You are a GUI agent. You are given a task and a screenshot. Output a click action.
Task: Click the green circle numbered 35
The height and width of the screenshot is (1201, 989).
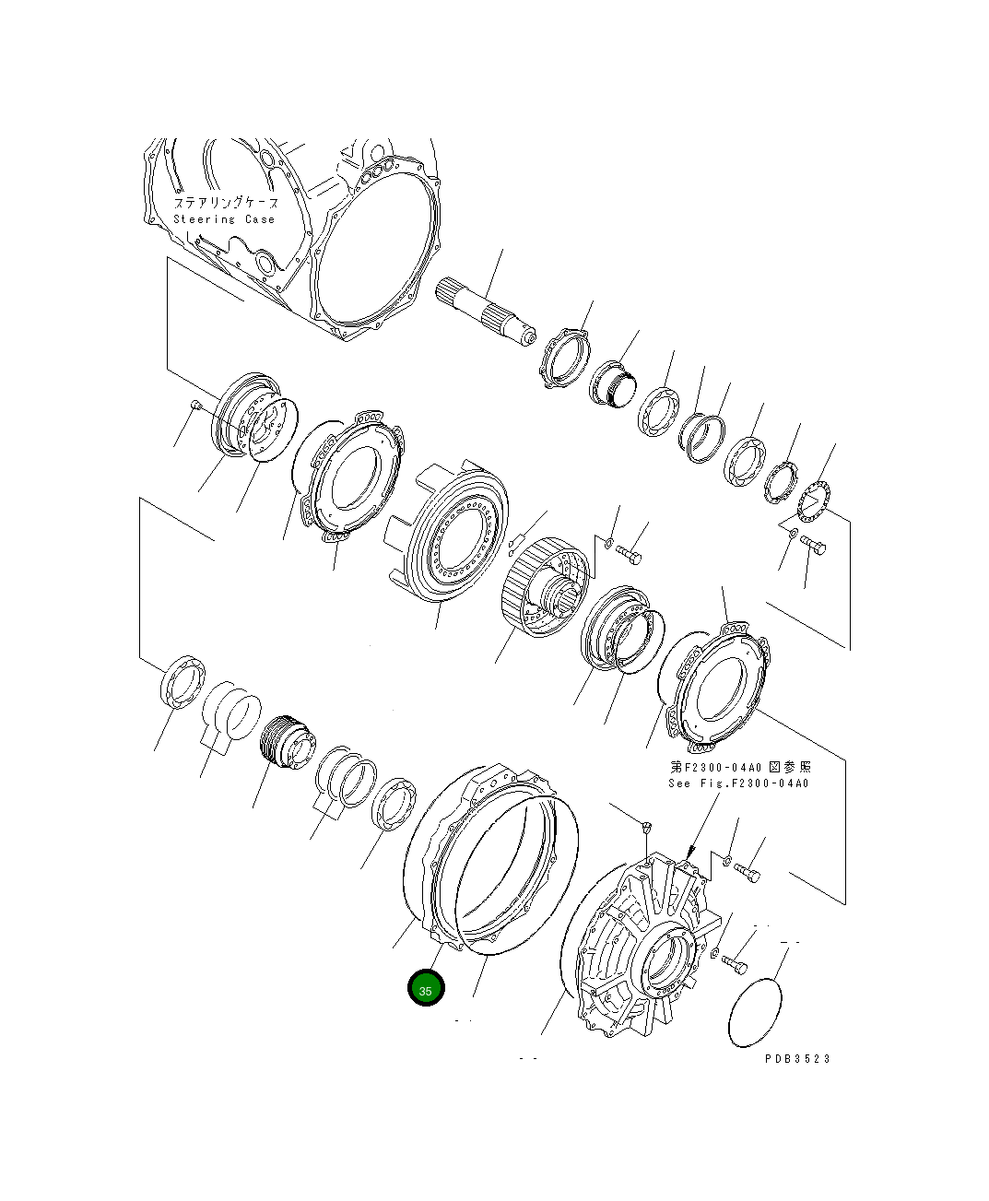coord(426,987)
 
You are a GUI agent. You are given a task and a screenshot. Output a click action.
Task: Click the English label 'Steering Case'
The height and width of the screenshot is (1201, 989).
coord(224,219)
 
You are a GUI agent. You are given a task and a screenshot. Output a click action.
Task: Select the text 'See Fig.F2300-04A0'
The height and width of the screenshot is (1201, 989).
coord(738,783)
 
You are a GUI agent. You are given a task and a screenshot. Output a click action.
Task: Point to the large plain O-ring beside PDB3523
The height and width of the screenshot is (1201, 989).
coord(754,1012)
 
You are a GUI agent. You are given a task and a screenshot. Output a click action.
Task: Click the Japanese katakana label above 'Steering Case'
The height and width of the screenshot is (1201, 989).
coord(226,202)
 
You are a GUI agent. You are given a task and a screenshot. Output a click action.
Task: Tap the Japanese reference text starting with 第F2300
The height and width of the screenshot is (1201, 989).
coord(740,767)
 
